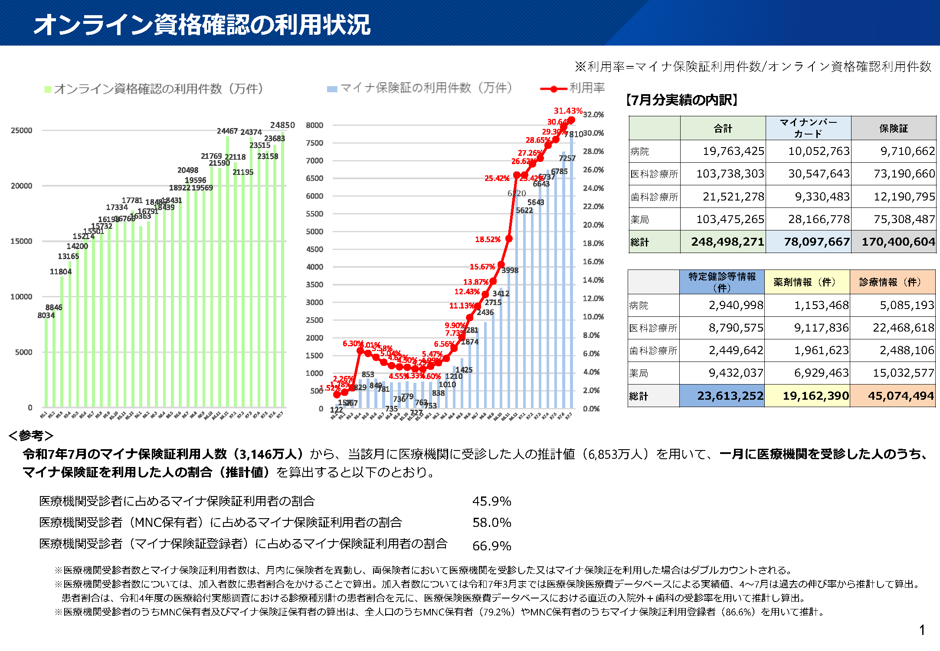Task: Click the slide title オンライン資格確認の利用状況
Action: click(x=202, y=24)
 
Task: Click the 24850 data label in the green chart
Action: click(x=282, y=125)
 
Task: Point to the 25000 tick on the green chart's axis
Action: click(x=21, y=130)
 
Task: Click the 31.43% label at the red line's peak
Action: click(x=567, y=111)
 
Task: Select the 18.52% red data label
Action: click(x=488, y=239)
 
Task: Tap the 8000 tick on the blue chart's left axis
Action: click(x=314, y=125)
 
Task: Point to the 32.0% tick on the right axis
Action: click(x=593, y=115)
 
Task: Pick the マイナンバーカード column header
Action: click(x=808, y=128)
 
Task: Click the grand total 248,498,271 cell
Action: click(x=727, y=242)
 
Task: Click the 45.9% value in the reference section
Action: click(x=491, y=501)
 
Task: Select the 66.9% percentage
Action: click(x=491, y=546)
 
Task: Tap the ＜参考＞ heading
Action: click(x=31, y=435)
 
